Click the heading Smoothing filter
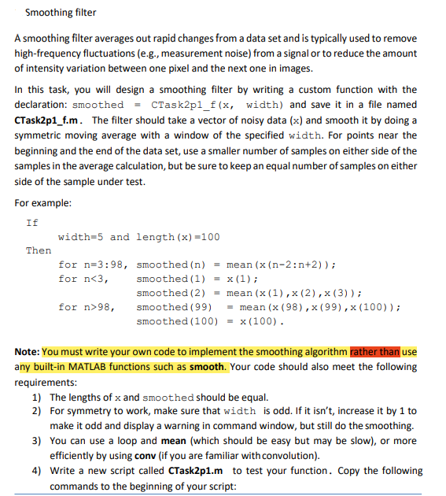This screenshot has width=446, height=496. [61, 13]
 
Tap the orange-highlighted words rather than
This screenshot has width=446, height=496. [376, 352]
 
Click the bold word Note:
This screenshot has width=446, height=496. [28, 352]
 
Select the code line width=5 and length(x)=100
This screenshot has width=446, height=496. [138, 236]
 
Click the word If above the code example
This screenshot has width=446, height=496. [32, 222]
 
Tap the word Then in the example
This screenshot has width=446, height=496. [39, 250]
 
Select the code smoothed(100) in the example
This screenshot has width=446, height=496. [171, 321]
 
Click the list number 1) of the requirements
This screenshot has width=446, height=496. [37, 397]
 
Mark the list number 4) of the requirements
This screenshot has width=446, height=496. [37, 471]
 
